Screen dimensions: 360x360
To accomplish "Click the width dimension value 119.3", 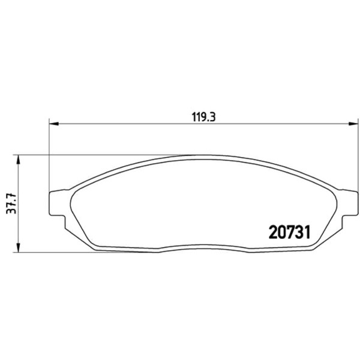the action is click(x=203, y=118).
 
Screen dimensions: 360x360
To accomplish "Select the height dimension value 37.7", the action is click(x=11, y=203).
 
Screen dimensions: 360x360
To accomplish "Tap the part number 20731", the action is click(x=290, y=232).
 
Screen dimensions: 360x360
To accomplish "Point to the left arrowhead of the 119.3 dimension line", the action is click(x=54, y=124).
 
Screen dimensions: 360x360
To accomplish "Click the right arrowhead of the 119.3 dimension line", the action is click(x=353, y=124).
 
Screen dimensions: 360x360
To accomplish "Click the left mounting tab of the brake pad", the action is click(x=58, y=203).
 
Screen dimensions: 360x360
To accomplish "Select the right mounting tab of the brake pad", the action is click(x=350, y=203).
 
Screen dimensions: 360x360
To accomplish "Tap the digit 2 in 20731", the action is click(x=273, y=232).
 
